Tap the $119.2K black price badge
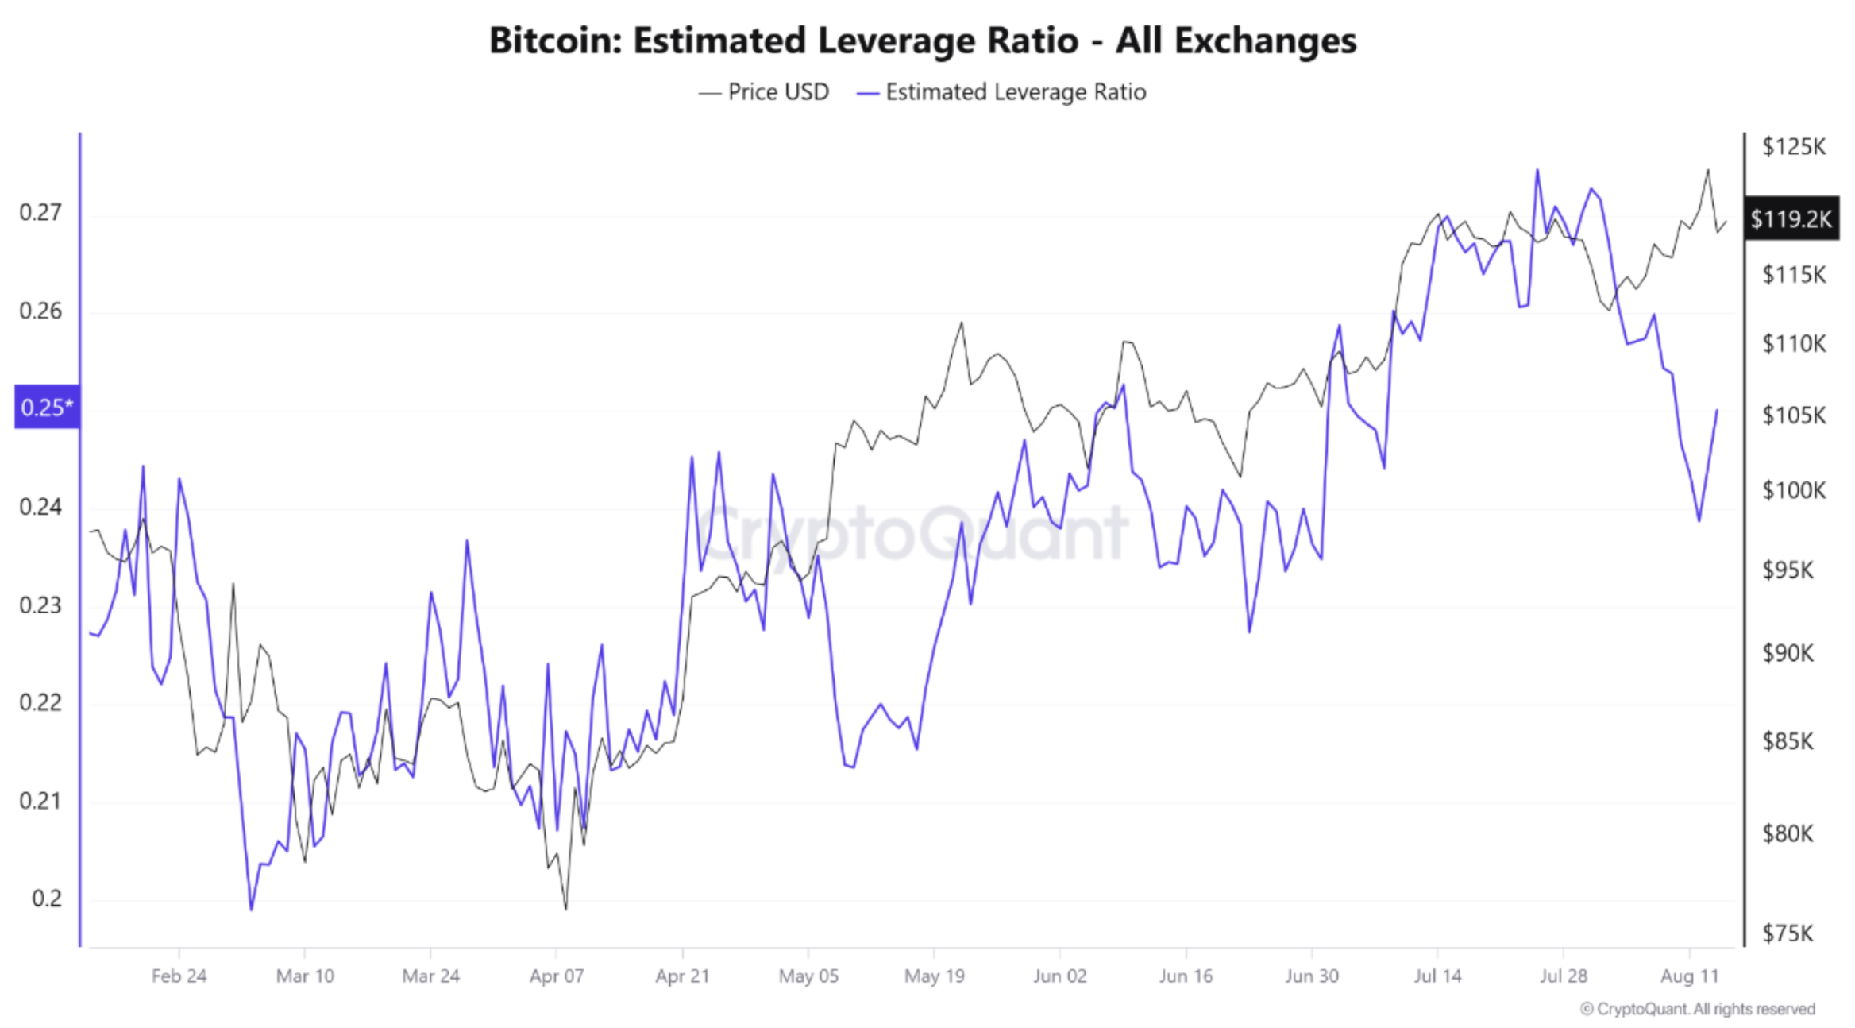[1791, 218]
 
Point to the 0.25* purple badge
[47, 408]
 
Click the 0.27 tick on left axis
[40, 213]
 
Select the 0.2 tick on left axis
[46, 899]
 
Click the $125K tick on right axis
[1793, 147]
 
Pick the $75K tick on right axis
[1788, 933]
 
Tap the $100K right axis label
[1793, 490]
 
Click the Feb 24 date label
[179, 976]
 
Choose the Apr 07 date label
[557, 976]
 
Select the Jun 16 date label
[1186, 976]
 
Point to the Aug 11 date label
[1689, 976]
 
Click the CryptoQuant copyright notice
[1697, 1009]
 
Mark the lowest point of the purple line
[251, 910]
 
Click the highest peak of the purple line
[1537, 169]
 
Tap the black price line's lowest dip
[565, 909]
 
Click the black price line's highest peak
[1708, 169]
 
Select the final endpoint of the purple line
[1717, 411]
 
